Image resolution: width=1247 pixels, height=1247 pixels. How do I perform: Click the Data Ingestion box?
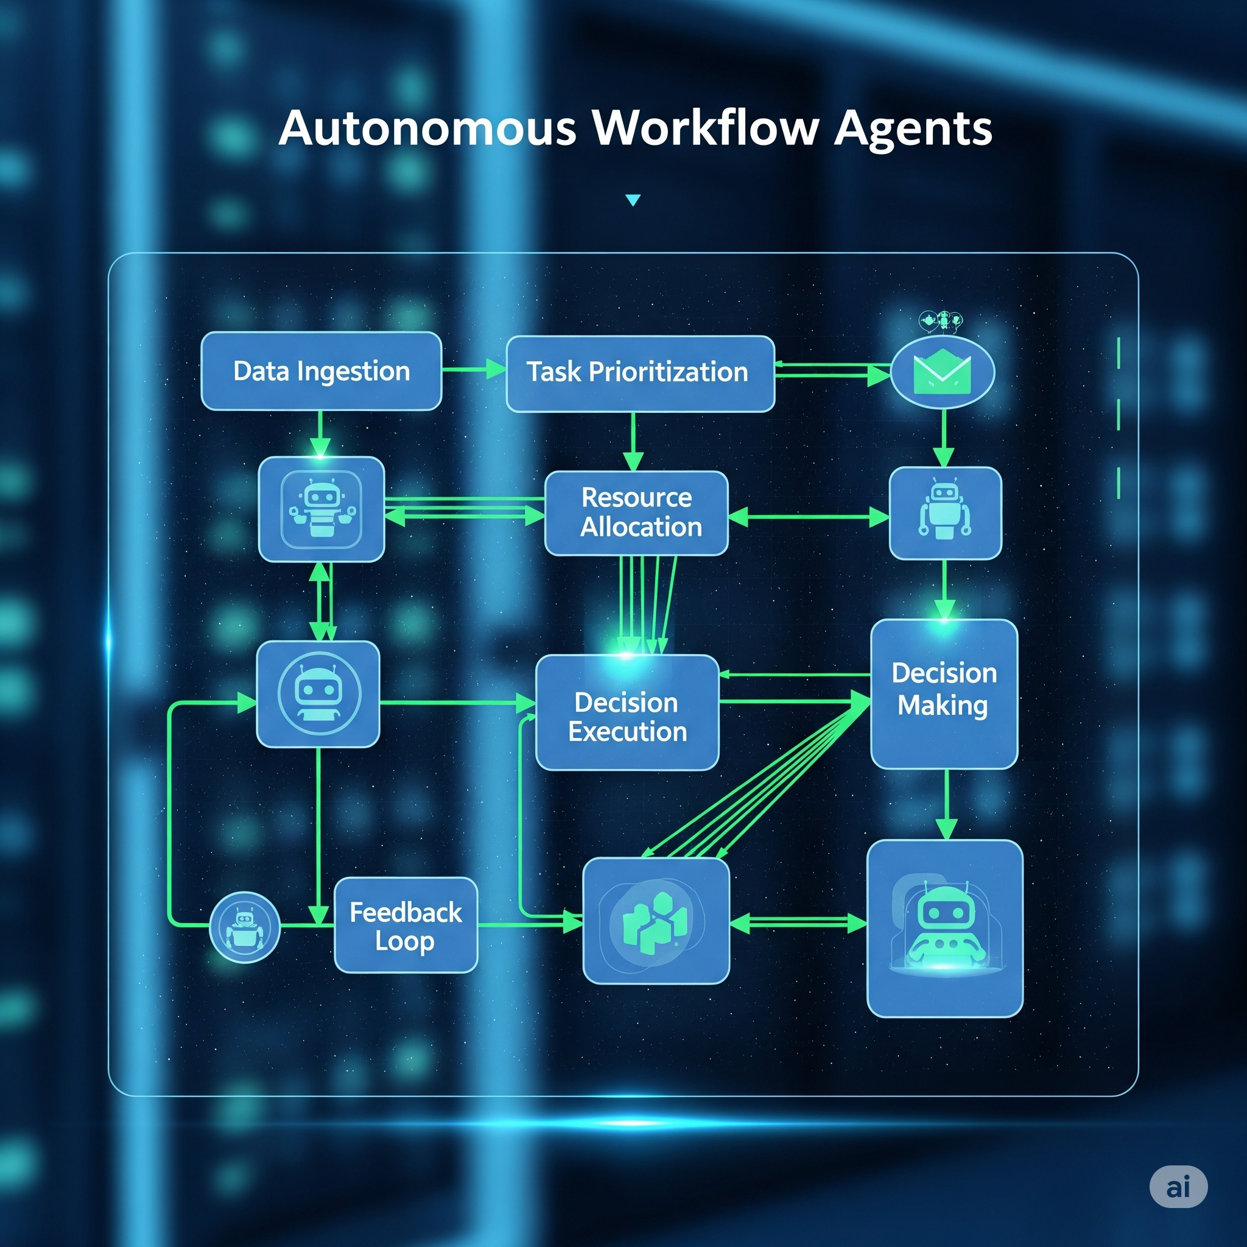click(x=321, y=371)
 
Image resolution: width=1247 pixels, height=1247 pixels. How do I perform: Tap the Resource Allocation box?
click(x=636, y=513)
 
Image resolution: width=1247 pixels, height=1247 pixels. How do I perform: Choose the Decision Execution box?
click(x=627, y=712)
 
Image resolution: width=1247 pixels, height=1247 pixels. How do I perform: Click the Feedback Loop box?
click(x=406, y=925)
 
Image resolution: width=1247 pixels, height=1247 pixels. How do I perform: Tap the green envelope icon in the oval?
click(x=943, y=373)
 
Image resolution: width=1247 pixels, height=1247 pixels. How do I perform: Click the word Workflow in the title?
click(x=706, y=128)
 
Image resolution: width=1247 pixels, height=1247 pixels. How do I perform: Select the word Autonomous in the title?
click(x=427, y=128)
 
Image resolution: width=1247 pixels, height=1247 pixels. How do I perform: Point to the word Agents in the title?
click(x=913, y=129)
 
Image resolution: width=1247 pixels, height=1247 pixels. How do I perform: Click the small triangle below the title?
click(x=633, y=200)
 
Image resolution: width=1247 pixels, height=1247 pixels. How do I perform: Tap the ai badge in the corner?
click(x=1178, y=1186)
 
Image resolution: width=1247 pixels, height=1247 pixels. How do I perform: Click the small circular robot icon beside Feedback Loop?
click(x=245, y=927)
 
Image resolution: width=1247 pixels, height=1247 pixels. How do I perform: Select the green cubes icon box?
click(x=656, y=921)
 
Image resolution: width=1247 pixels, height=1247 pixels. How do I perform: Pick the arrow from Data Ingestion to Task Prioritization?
click(x=474, y=370)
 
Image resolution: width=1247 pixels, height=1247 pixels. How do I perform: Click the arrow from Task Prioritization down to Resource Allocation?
click(x=633, y=442)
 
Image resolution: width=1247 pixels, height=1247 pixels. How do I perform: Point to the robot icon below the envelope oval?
click(x=945, y=513)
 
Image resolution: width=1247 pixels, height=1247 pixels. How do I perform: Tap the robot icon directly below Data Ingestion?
click(x=321, y=508)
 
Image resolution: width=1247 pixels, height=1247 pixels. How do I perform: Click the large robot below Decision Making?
click(x=945, y=928)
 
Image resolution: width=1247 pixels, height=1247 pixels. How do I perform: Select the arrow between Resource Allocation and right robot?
click(x=808, y=517)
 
